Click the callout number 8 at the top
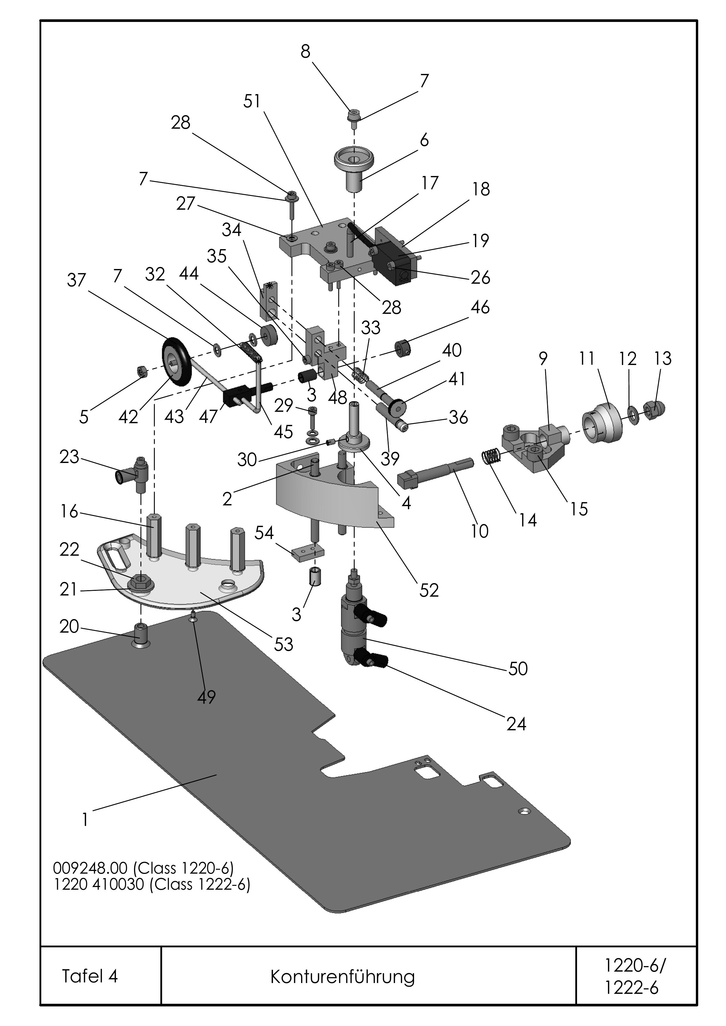point(305,52)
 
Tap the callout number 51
point(252,101)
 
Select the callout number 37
point(76,280)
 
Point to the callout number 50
point(518,669)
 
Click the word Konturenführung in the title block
point(342,977)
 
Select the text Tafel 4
point(90,976)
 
